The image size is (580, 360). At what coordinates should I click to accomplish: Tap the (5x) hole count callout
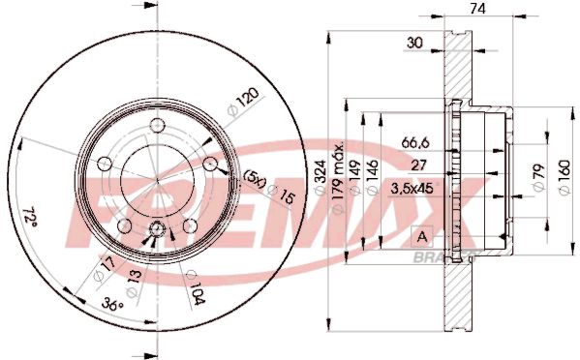(253, 180)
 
